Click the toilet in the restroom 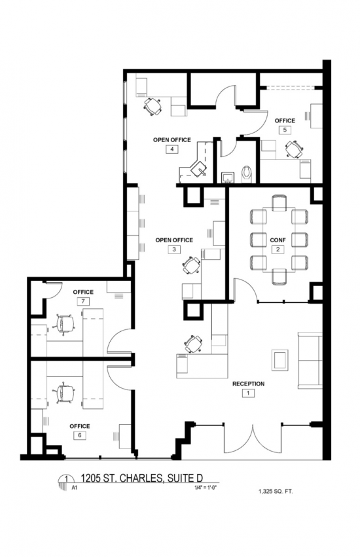(246, 173)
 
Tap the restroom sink (227, 177)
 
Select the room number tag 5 (285, 130)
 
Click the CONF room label (278, 240)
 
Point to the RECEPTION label (249, 384)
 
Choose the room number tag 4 (172, 149)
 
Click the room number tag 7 (83, 301)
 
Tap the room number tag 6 (80, 435)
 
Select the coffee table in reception (280, 360)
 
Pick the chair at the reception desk (194, 344)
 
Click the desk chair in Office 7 (64, 323)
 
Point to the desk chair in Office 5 (295, 149)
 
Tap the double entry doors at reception (253, 438)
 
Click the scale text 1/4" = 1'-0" (204, 488)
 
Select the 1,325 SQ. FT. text (276, 492)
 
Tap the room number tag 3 (174, 249)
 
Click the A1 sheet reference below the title (75, 488)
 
